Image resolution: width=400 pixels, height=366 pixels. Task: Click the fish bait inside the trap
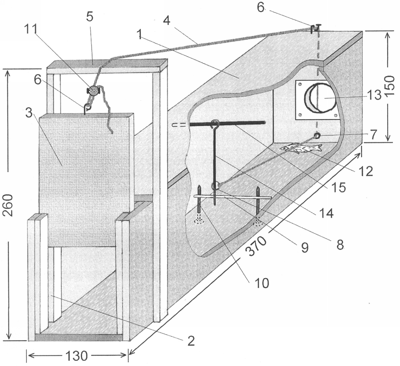[301, 148]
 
